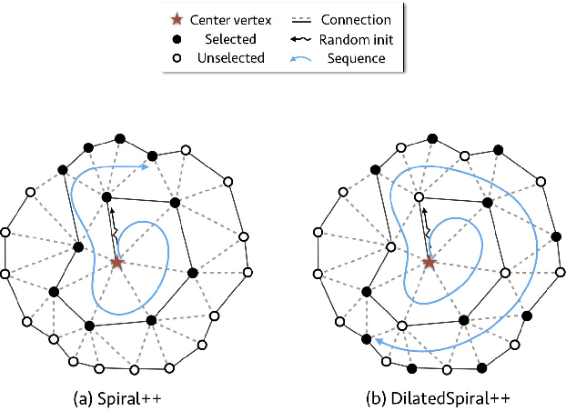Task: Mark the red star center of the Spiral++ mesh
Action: pos(116,263)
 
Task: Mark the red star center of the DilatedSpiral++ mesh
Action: pos(429,263)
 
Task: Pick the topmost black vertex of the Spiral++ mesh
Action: pos(119,137)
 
